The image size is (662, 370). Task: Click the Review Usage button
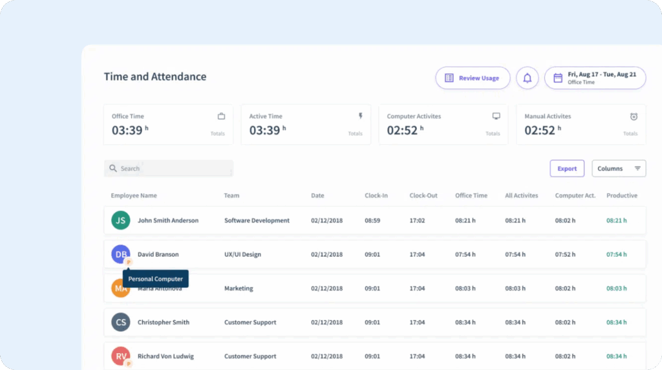click(x=473, y=78)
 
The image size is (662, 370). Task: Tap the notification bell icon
click(x=528, y=78)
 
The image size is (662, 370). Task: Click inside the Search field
click(x=169, y=169)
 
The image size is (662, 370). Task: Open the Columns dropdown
click(x=619, y=169)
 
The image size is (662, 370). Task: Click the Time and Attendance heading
click(x=155, y=77)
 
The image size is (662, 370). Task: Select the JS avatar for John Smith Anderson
click(x=120, y=221)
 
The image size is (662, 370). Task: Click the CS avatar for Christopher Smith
click(x=120, y=322)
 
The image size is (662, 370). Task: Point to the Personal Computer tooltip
click(x=156, y=279)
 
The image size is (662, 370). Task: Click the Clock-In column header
click(x=376, y=195)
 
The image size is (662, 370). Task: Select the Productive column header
click(x=621, y=195)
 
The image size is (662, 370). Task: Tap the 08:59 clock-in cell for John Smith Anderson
click(x=372, y=221)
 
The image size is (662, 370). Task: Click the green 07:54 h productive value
click(x=616, y=255)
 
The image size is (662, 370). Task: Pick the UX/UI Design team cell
click(x=242, y=255)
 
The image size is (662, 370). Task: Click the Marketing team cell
click(x=239, y=288)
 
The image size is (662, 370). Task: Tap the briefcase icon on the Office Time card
click(x=221, y=116)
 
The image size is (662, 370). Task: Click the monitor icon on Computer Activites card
click(x=496, y=116)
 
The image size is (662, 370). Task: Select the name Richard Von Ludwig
click(x=165, y=356)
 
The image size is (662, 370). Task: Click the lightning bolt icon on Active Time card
click(x=361, y=116)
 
